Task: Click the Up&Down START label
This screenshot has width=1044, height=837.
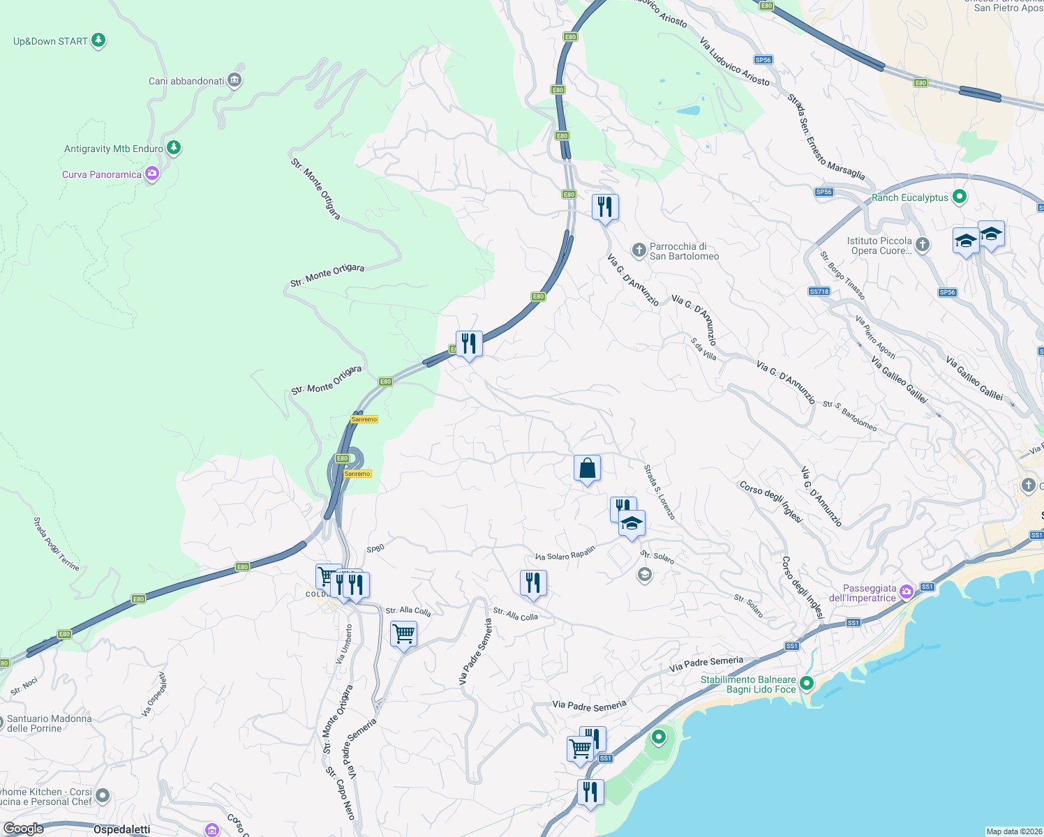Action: click(50, 41)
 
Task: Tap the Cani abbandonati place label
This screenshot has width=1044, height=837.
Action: click(186, 81)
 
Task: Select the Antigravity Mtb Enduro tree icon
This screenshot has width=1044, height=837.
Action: click(174, 148)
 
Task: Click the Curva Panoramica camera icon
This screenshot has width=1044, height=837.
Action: click(151, 174)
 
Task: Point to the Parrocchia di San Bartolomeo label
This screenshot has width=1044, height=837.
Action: click(684, 251)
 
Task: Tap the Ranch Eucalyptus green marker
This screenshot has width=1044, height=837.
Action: click(960, 197)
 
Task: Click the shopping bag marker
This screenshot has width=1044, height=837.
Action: click(587, 469)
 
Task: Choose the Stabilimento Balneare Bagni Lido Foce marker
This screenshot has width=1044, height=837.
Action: click(807, 683)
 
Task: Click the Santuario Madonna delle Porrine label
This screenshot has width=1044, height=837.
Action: click(49, 723)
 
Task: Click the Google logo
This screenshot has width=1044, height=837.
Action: click(23, 829)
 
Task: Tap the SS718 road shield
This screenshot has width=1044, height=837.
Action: click(819, 292)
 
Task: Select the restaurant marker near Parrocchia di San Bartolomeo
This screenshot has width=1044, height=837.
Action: click(605, 207)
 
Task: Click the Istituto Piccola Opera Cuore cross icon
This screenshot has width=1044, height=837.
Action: click(923, 244)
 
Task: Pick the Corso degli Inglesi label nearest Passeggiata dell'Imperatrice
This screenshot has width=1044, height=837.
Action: click(803, 587)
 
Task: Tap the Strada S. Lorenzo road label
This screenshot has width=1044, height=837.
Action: click(659, 492)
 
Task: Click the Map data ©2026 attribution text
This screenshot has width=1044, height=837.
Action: click(1014, 831)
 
